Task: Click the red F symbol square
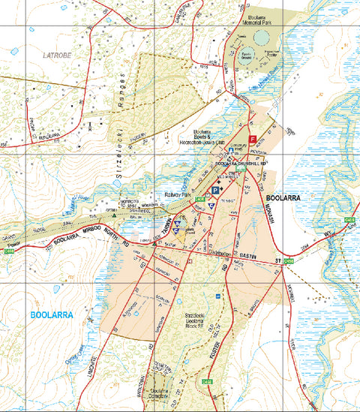coord(253,139)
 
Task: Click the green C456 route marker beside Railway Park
coord(199,198)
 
